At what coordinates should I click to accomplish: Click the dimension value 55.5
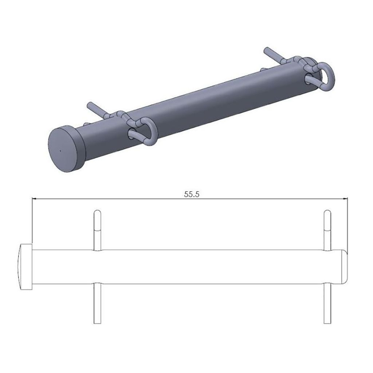point(192,194)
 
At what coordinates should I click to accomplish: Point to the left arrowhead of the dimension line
point(35,199)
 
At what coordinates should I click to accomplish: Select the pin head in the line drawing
point(25,267)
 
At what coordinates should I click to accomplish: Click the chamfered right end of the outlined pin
point(344,267)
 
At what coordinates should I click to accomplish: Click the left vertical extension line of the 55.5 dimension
point(33,222)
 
